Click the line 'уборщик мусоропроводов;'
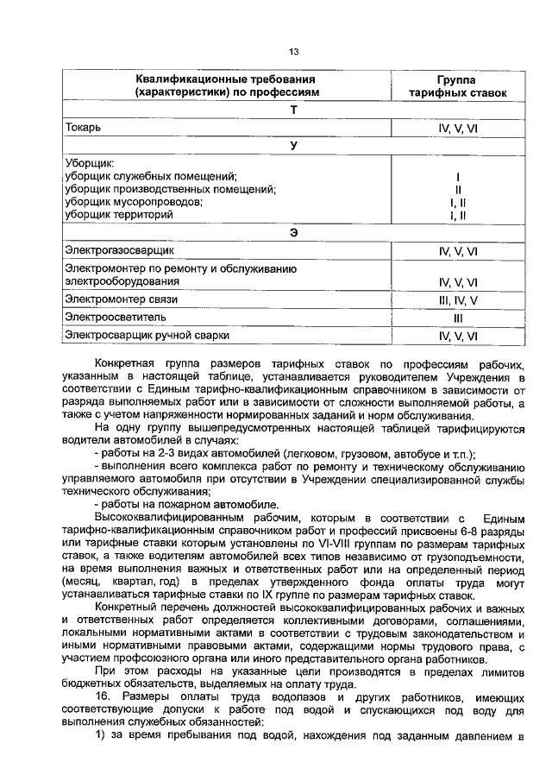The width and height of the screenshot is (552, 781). [x=134, y=201]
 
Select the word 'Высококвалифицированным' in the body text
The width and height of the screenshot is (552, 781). [x=164, y=517]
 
